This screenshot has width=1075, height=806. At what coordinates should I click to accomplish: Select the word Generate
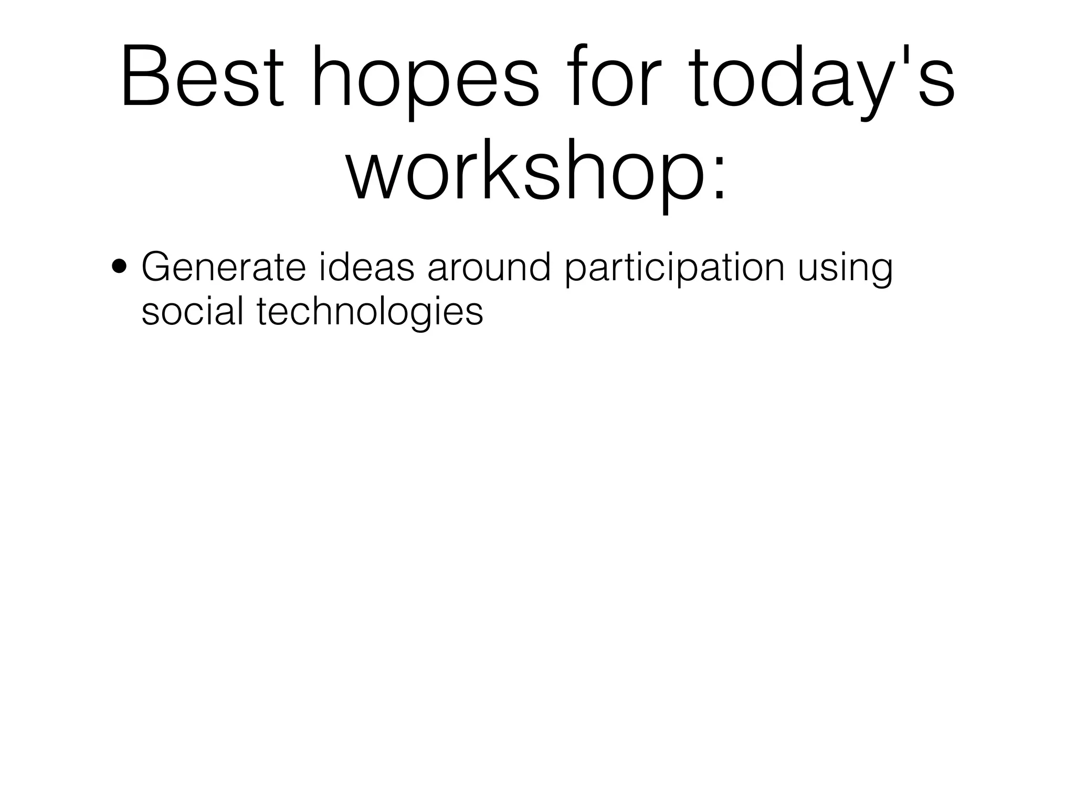[223, 267]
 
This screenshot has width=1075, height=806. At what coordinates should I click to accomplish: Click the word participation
[674, 269]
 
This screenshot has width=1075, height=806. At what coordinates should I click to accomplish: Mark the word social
[192, 311]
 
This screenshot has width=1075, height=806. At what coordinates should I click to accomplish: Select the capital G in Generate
[160, 267]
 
